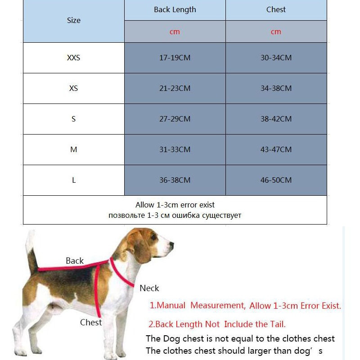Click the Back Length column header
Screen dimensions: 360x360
175,9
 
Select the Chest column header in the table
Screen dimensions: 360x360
276,9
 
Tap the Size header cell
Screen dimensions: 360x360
74,20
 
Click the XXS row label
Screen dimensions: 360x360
74,58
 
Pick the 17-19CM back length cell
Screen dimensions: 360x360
175,58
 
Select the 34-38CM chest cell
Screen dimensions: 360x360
276,88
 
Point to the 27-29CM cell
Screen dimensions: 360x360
175,119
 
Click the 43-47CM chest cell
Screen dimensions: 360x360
276,149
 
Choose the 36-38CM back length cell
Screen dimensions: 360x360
175,180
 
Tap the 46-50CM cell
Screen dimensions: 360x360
276,180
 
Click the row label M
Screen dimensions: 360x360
74,149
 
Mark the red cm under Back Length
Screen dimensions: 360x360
175,31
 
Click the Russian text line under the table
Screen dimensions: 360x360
175,215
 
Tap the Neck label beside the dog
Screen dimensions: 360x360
149,288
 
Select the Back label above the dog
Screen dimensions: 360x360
75,261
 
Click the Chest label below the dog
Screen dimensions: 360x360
91,322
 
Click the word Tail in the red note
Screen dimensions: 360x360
276,324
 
